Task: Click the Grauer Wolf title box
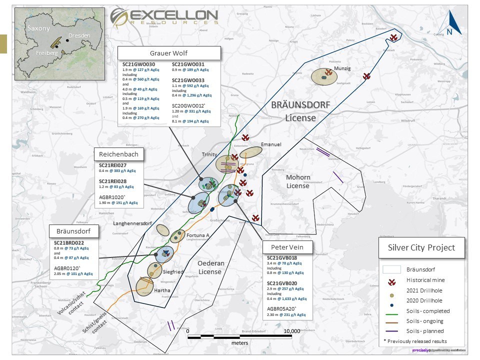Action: pos(168,53)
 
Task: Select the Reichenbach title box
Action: pos(118,154)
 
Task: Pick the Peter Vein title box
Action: pos(287,246)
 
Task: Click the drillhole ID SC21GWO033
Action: pos(188,80)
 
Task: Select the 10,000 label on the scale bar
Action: pos(291,331)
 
